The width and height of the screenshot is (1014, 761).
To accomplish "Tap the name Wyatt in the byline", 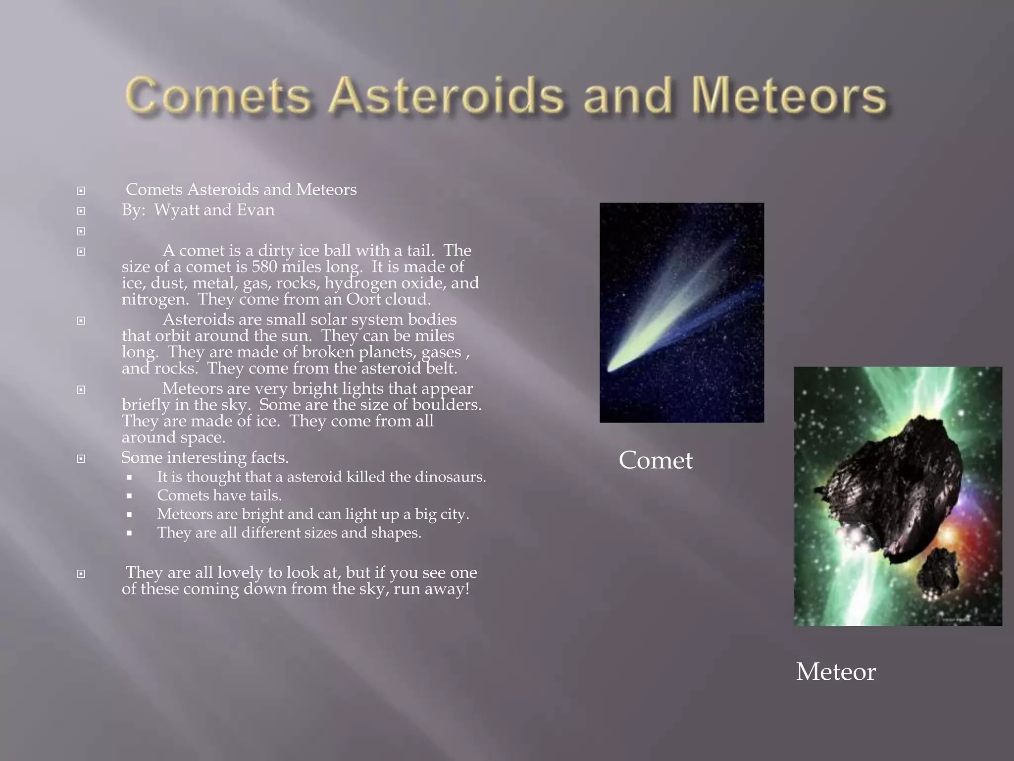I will (x=176, y=210).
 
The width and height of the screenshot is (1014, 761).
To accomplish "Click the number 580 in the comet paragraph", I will (x=264, y=267).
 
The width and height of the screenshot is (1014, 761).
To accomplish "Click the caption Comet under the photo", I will (x=656, y=460).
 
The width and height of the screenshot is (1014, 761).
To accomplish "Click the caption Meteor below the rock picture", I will (x=836, y=672).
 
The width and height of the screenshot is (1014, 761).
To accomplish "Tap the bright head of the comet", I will (x=614, y=366).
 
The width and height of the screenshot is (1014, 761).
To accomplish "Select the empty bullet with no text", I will (x=81, y=231).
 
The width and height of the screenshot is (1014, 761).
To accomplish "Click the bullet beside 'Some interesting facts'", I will (x=81, y=459).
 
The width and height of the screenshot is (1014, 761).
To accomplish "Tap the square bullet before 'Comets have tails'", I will (x=129, y=496).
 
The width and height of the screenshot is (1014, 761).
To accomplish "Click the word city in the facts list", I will (x=453, y=514).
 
